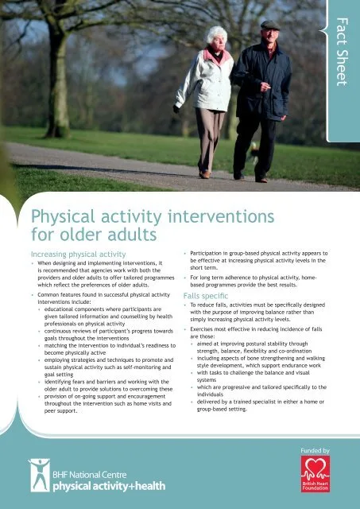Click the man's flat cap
coord(270,25)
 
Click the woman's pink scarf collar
coord(216,56)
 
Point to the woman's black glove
coord(176,109)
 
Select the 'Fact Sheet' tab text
coord(342,52)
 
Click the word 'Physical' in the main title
coord(64,217)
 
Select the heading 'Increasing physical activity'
coord(78,254)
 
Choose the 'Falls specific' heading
coord(206,296)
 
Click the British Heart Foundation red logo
coord(315,474)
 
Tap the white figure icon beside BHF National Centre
coord(40,475)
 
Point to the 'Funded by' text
coord(315,451)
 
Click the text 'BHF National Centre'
coord(90,475)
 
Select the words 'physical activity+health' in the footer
coord(109,486)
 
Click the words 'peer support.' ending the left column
coord(61,411)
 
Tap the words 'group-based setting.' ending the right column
coord(222,409)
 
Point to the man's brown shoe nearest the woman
coord(239,176)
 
